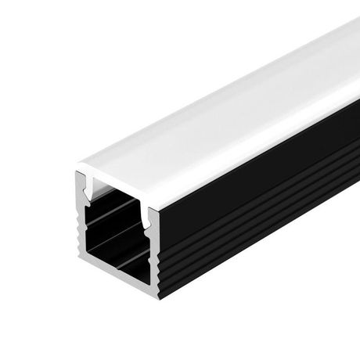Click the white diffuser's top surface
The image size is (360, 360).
[x=211, y=102]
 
